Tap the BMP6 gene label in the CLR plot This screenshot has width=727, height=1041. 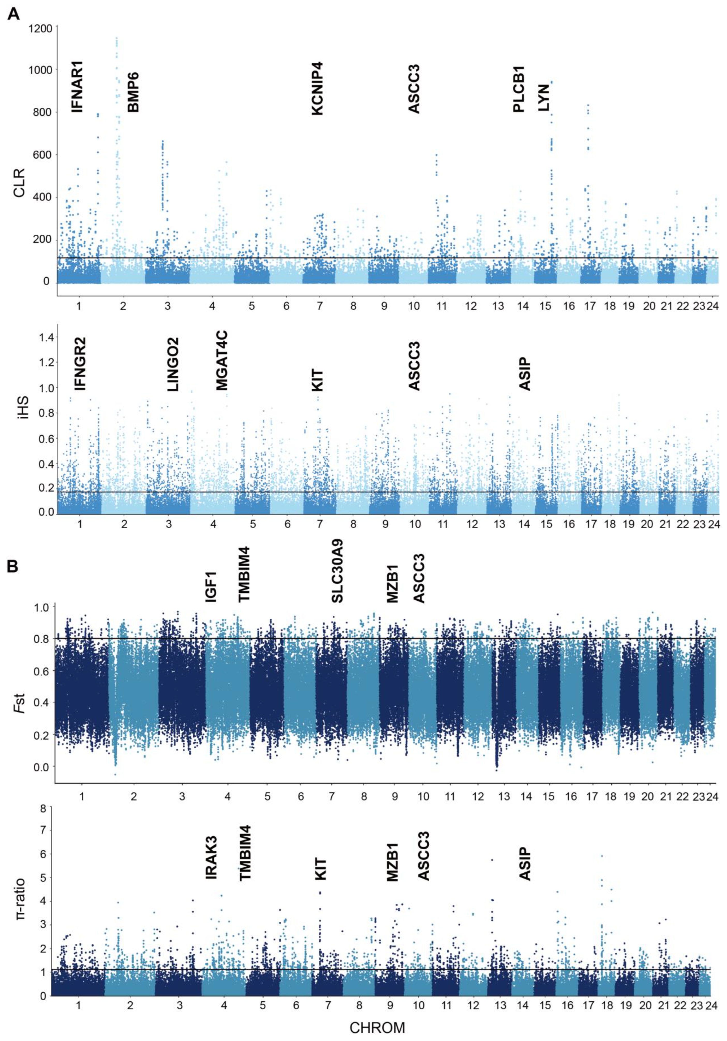[x=133, y=92]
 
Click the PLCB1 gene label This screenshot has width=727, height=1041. [x=518, y=89]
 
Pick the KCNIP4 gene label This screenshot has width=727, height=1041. [x=317, y=89]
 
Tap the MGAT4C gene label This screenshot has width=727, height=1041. [x=222, y=360]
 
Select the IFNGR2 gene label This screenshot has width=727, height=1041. [x=80, y=364]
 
